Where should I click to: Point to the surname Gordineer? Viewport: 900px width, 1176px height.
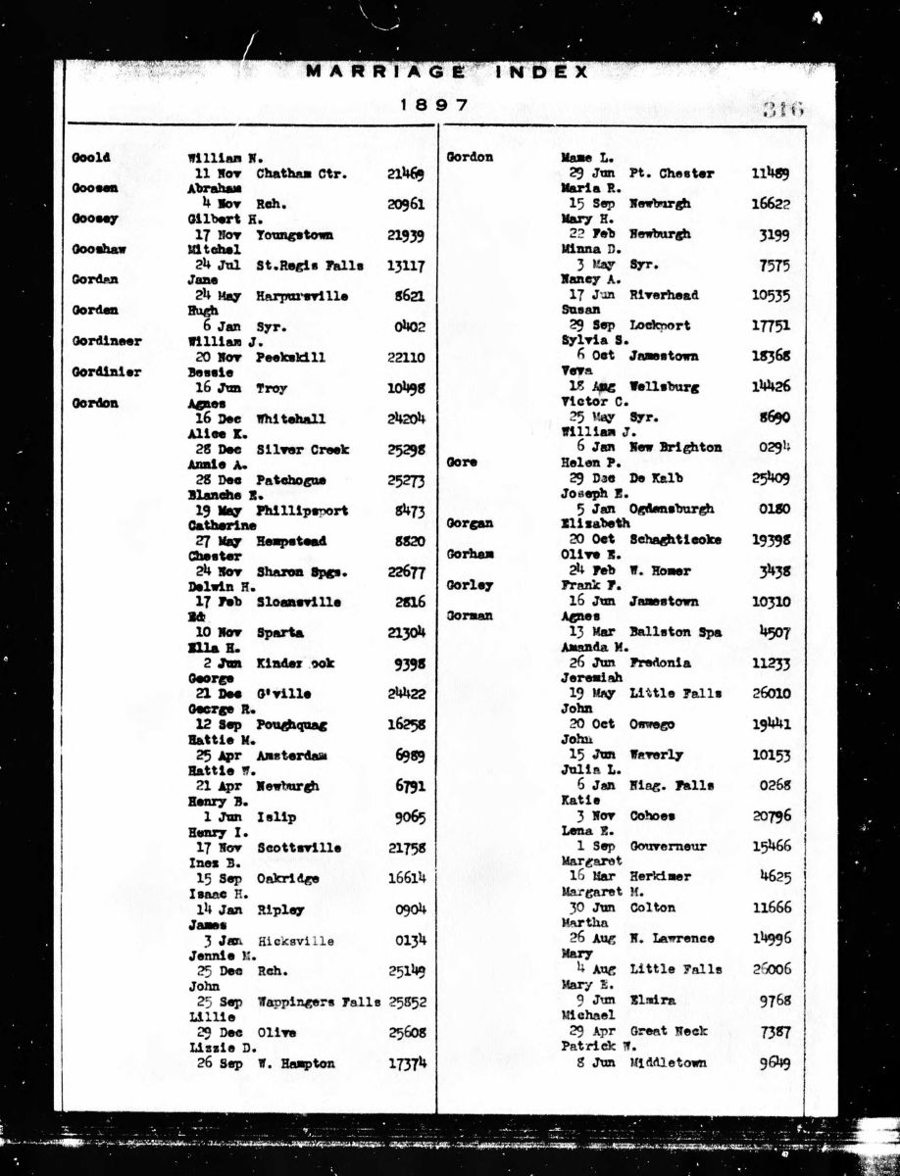click(106, 342)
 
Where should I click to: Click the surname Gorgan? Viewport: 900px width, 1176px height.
click(471, 524)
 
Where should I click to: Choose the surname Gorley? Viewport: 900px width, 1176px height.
click(470, 586)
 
